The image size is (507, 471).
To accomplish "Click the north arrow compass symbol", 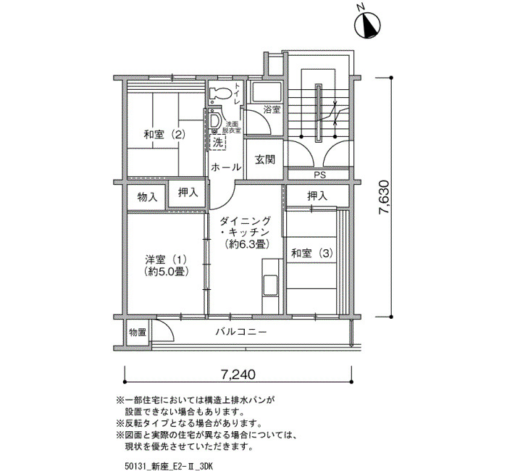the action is point(367,25).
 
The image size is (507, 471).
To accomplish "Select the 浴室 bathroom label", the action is point(272,109).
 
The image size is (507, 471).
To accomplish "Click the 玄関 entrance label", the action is point(265,159).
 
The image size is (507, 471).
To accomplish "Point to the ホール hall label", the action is point(226,167).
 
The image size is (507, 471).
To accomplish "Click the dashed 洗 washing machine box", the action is point(217,143).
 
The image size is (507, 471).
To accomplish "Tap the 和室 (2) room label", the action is point(164,134).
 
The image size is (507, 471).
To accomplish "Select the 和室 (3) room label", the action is point(311,253).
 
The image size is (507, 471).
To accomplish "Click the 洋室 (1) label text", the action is point(166,259).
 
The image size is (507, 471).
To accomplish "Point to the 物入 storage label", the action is point(148,196).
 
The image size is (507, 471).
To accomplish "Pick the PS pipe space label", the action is point(320,175).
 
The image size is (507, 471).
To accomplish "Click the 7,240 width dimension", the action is point(238,375).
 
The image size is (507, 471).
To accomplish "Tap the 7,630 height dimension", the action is point(384,197).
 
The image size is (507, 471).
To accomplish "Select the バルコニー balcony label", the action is point(241,332).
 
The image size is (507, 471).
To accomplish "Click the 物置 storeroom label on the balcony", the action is point(138,332).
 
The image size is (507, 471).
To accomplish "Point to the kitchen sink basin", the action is point(269,285).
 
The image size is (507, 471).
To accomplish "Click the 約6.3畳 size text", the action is point(248,244).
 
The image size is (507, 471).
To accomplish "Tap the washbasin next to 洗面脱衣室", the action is point(214,120).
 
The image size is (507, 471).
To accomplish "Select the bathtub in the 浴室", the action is point(267,91).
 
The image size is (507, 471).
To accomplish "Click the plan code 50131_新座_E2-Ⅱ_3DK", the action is point(169,466).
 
